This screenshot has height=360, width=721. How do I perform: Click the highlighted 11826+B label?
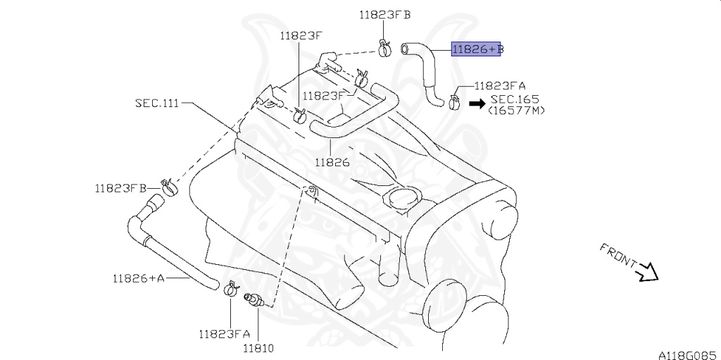[x=477, y=49]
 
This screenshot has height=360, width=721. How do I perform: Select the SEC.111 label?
[x=157, y=103]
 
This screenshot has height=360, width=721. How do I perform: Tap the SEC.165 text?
[x=515, y=99]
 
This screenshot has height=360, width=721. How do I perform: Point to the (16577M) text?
[x=516, y=111]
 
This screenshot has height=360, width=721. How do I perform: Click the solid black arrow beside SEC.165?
[x=477, y=104]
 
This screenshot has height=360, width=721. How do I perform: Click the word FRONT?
[x=618, y=256]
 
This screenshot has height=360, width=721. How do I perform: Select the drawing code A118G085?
[x=689, y=355]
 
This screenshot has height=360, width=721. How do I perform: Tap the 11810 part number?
[x=258, y=349]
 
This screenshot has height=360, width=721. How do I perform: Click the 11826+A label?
[x=139, y=278]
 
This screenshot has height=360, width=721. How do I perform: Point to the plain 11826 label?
[x=332, y=162]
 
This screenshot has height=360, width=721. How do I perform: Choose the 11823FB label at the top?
[x=385, y=15]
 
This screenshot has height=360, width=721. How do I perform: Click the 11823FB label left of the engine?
[x=120, y=188]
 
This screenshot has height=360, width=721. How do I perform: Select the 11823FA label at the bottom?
[x=225, y=334]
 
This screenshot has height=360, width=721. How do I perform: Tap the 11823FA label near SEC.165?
[x=500, y=86]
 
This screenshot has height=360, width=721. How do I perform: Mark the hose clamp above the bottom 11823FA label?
[x=231, y=289]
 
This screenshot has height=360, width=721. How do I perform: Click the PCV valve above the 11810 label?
[x=254, y=300]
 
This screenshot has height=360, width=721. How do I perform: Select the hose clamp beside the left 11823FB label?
[x=169, y=187]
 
